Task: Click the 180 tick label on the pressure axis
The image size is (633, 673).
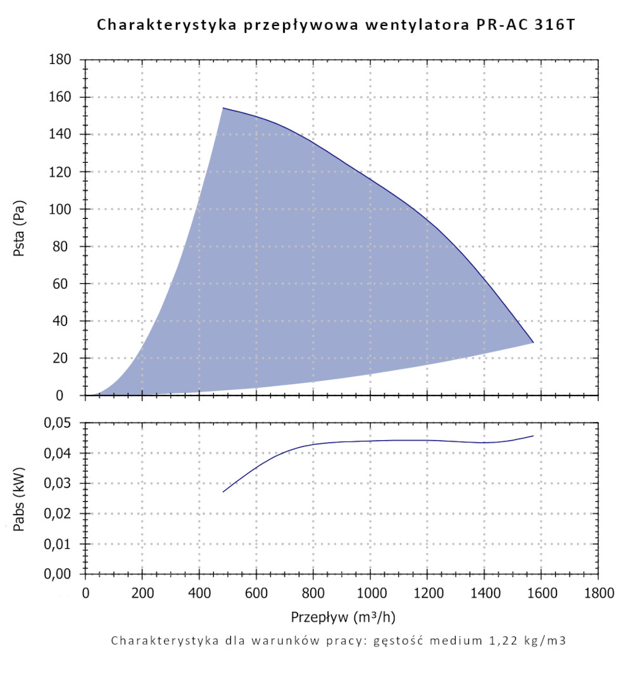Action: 62,60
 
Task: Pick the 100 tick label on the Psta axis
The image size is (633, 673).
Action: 62,209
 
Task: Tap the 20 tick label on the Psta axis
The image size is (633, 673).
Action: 65,359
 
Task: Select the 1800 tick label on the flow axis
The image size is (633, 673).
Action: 598,594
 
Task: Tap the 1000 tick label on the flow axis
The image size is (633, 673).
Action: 370,594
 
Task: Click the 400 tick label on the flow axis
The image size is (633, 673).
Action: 199,594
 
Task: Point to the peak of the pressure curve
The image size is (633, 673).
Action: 223,108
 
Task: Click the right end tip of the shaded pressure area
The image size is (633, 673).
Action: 533,342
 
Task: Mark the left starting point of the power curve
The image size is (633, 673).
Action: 223,492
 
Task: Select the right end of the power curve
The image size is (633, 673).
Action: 533,436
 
